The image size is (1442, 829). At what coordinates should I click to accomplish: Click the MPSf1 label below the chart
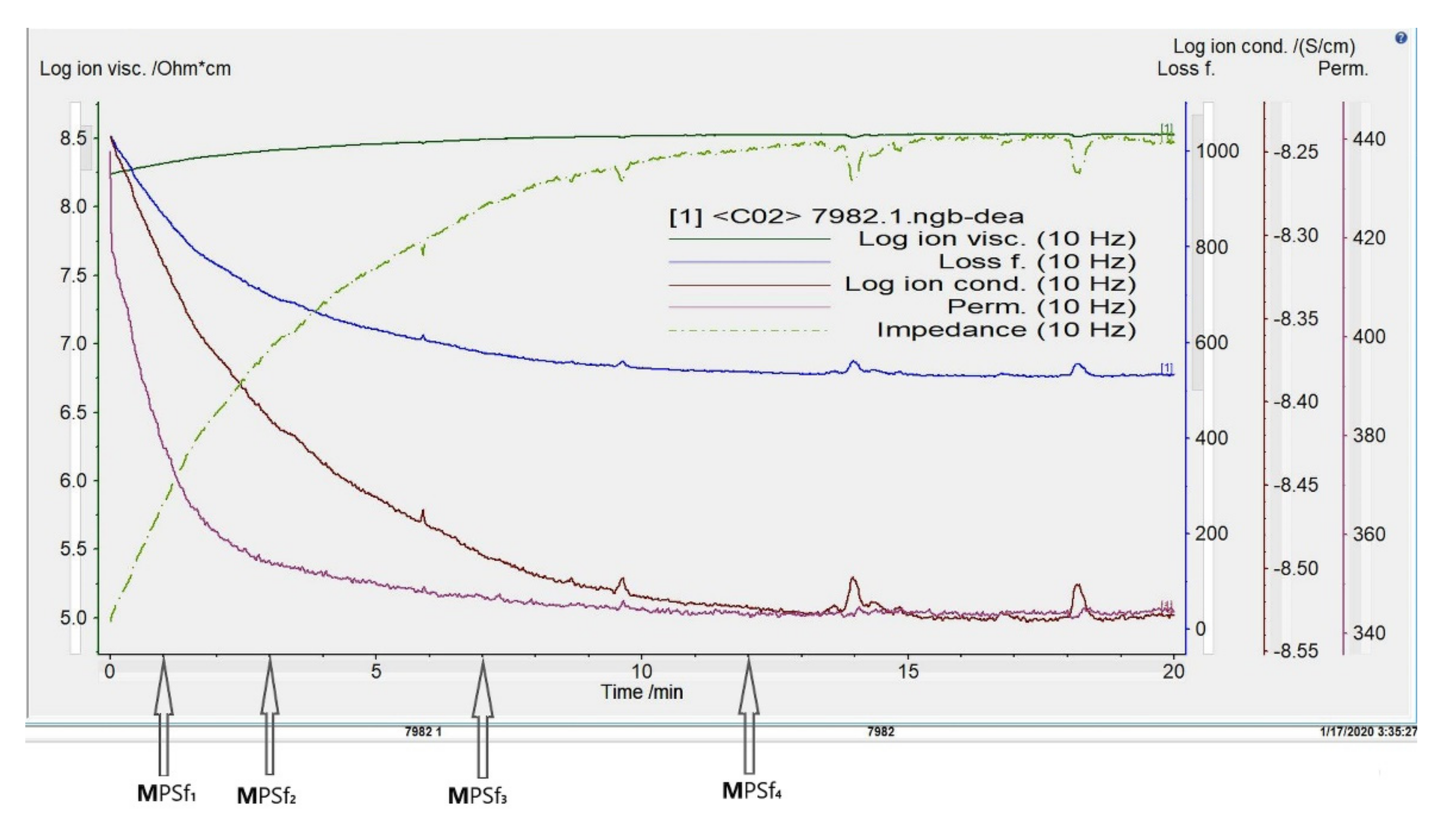167,793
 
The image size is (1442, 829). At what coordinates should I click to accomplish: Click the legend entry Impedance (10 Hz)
1005,330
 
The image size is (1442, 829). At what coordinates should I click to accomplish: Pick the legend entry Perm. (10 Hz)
1041,307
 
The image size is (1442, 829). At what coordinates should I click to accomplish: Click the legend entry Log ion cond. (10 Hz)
990,284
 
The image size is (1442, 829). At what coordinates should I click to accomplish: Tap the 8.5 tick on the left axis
73,138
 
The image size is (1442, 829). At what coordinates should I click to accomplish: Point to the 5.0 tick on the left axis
73,618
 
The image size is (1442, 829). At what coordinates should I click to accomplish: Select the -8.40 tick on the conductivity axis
1295,402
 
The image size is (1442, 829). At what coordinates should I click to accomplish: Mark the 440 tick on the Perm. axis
1369,139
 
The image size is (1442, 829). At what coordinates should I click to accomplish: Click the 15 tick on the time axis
908,672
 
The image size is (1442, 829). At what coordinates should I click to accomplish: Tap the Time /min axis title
642,692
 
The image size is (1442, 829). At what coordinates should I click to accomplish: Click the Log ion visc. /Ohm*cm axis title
135,69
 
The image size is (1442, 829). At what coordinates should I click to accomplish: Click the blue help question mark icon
1400,38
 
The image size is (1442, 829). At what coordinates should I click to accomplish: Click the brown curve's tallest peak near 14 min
853,580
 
